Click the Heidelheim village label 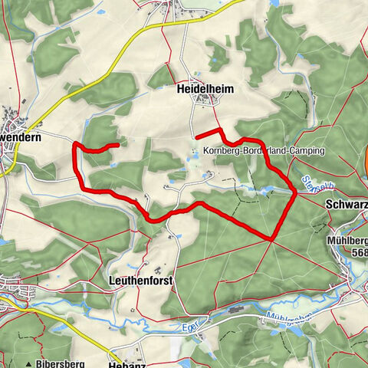click(205, 90)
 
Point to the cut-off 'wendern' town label click(23, 134)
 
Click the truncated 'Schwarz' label click(347, 205)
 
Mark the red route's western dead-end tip click(117, 143)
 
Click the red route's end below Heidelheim click(198, 137)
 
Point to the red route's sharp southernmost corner click(272, 239)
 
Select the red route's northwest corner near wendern click(75, 146)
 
